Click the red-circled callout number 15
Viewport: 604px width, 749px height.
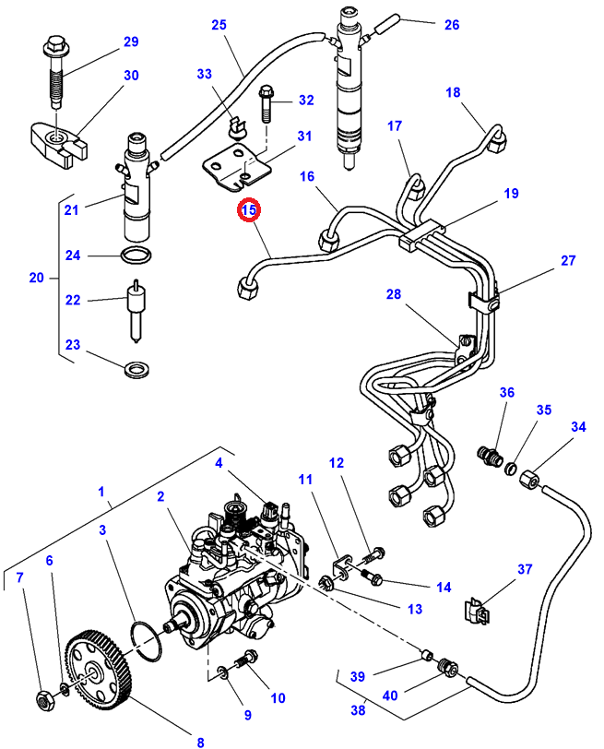tap(249, 209)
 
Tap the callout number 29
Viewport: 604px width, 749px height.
tap(131, 42)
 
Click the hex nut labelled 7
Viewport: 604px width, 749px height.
tap(44, 700)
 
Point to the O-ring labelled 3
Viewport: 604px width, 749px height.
tap(146, 641)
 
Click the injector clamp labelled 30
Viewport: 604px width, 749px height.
tap(58, 144)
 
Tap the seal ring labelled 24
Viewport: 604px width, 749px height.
tap(136, 256)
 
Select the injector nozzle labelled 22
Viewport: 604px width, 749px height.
tap(136, 311)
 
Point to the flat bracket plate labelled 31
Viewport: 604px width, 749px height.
tap(236, 169)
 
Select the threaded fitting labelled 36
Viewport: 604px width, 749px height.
tap(490, 456)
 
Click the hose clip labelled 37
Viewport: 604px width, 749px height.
tap(477, 611)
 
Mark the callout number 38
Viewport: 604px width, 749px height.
tap(358, 710)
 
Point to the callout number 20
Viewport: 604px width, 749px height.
tap(36, 278)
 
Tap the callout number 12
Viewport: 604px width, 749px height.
tap(337, 462)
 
